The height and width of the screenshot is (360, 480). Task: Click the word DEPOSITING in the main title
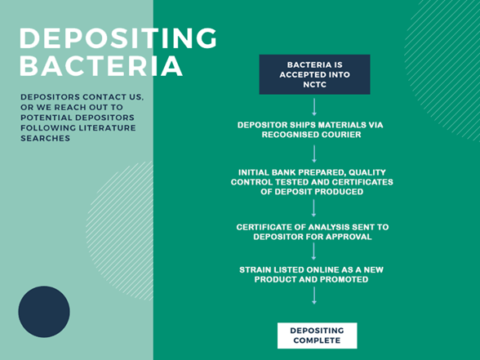pyautogui.click(x=118, y=38)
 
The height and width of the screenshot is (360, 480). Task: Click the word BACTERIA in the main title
pyautogui.click(x=101, y=66)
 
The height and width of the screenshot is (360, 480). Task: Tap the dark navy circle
pyautogui.click(x=44, y=311)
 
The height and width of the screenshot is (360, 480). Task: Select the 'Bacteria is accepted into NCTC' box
pyautogui.click(x=314, y=74)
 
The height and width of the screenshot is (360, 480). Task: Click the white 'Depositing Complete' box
pyautogui.click(x=317, y=335)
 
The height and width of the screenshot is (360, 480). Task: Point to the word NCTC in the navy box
pyautogui.click(x=314, y=83)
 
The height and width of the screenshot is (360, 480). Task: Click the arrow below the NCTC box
pyautogui.click(x=314, y=106)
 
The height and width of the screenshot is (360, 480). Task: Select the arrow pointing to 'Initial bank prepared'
pyautogui.click(x=314, y=153)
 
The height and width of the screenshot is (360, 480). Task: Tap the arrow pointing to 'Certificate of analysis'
pyautogui.click(x=314, y=207)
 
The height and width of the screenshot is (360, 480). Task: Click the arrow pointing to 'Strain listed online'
pyautogui.click(x=314, y=251)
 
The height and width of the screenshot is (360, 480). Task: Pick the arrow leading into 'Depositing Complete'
pyautogui.click(x=314, y=296)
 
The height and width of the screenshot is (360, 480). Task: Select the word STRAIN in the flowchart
pyautogui.click(x=258, y=269)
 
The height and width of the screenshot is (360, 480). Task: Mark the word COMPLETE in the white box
pyautogui.click(x=317, y=340)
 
